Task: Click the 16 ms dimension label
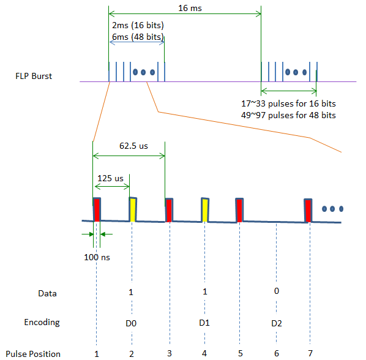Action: [190, 8]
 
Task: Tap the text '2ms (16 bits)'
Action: [138, 25]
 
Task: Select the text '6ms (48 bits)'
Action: [138, 37]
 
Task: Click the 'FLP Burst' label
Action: [34, 76]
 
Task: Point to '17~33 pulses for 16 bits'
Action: [288, 103]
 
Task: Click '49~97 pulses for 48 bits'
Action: [288, 115]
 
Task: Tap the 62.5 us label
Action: [133, 146]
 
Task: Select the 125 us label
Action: [110, 178]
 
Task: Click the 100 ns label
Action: [97, 257]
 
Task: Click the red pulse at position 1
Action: [97, 209]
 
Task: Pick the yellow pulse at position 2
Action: [133, 209]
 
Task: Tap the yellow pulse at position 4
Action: [205, 210]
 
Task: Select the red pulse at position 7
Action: [308, 211]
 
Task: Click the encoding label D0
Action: [131, 323]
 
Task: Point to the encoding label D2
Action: [277, 323]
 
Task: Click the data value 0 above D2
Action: [277, 291]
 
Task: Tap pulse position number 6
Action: [277, 353]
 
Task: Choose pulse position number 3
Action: [170, 353]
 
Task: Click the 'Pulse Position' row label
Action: [33, 354]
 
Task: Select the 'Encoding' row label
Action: [42, 323]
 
